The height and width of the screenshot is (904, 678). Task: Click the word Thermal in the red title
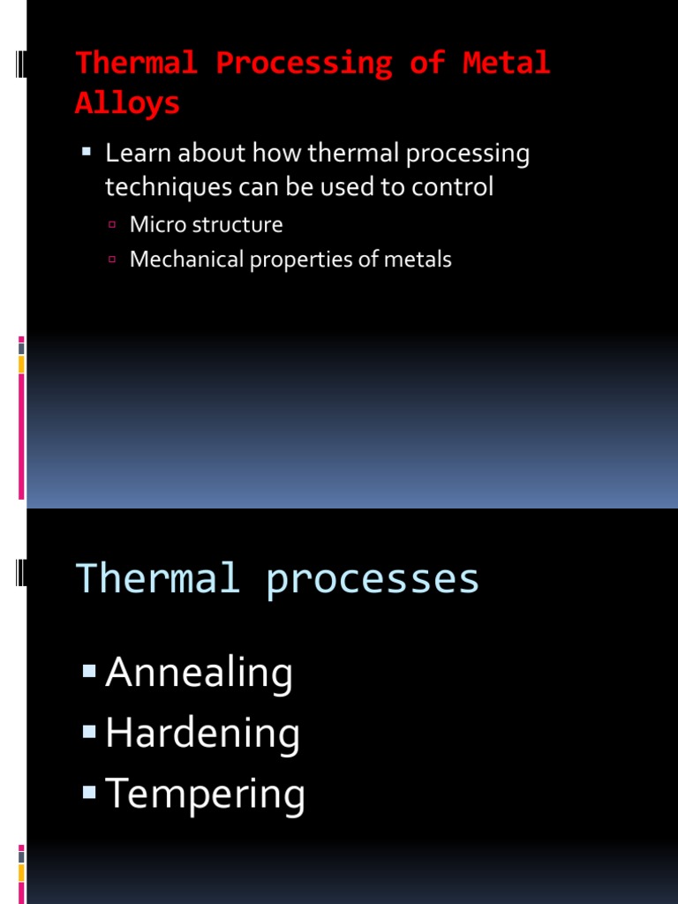click(136, 63)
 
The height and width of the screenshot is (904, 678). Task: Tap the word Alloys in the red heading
click(127, 102)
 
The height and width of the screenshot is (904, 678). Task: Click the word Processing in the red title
click(304, 63)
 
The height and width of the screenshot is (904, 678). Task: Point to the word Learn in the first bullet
click(138, 154)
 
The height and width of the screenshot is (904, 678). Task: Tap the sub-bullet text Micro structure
click(206, 224)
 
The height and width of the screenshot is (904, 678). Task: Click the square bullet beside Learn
click(87, 153)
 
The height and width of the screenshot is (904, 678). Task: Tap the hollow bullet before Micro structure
click(112, 225)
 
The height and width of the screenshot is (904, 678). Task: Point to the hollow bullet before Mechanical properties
click(112, 260)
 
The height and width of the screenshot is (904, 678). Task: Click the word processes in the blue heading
click(372, 579)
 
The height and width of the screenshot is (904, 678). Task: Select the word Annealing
click(199, 674)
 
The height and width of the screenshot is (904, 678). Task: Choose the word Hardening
click(202, 734)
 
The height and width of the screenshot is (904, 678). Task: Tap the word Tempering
click(205, 794)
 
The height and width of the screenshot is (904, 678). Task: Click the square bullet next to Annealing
click(88, 672)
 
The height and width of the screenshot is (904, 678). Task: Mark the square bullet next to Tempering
click(88, 792)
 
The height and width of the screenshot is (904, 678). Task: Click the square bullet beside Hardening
click(88, 732)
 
